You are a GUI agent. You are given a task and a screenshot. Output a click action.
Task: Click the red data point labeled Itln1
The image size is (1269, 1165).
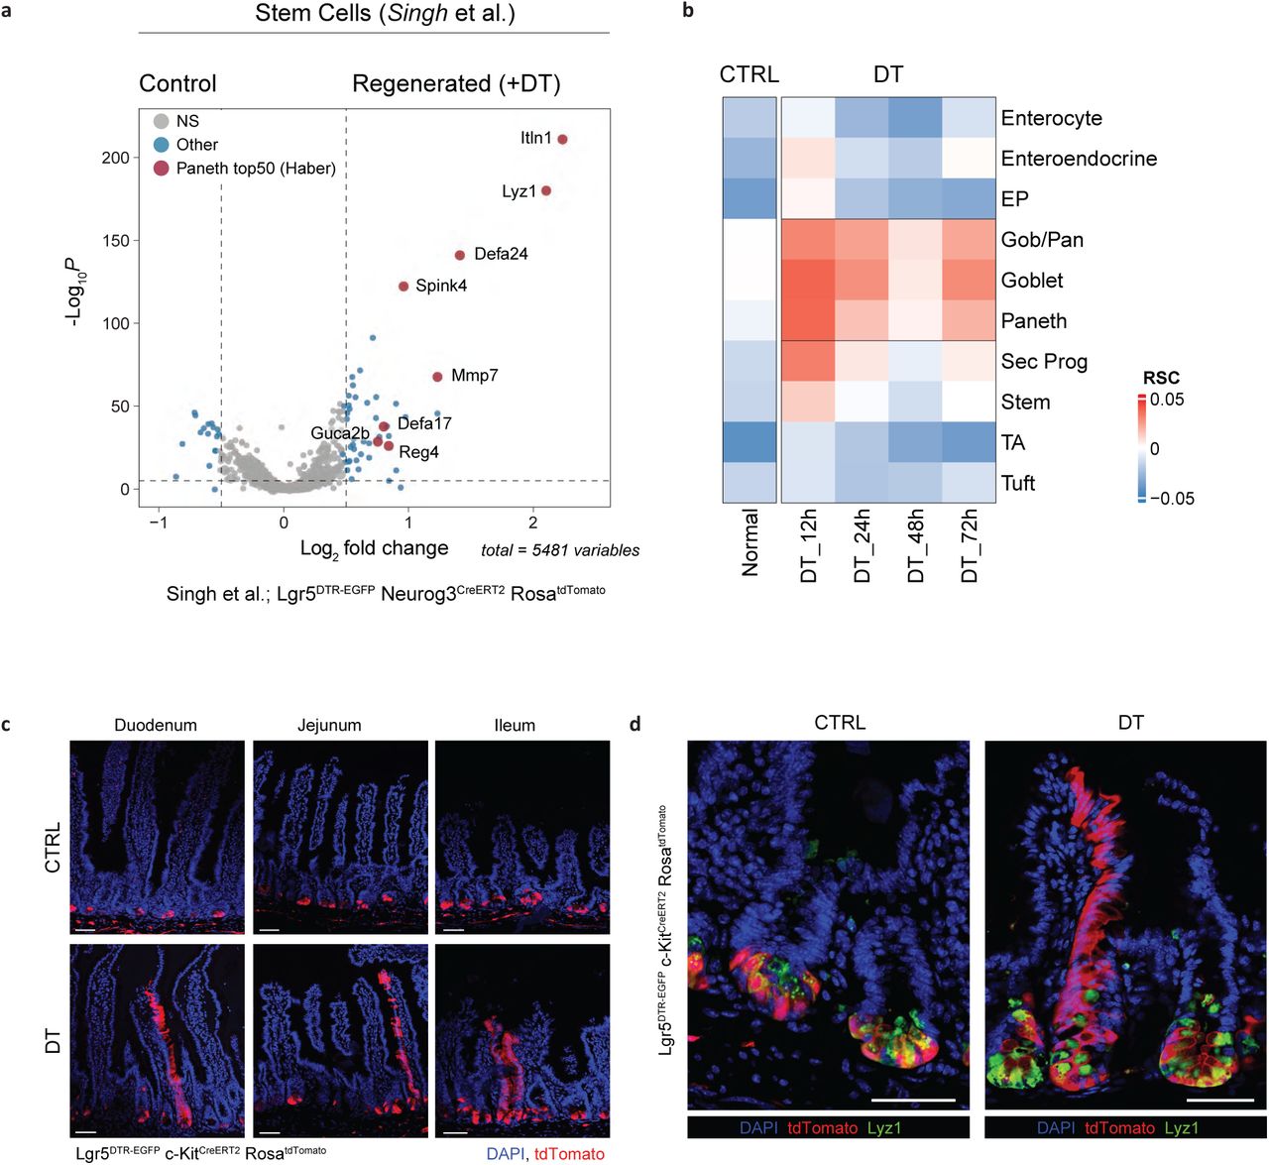pyautogui.click(x=562, y=139)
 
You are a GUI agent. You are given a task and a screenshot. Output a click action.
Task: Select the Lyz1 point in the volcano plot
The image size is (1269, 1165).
pyautogui.click(x=545, y=190)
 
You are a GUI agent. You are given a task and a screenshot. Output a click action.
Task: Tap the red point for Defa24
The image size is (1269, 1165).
pyautogui.click(x=460, y=255)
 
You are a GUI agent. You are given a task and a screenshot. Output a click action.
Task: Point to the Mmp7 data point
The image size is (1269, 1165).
pyautogui.click(x=437, y=377)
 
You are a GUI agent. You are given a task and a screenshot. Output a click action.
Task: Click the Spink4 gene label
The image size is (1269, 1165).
pyautogui.click(x=440, y=286)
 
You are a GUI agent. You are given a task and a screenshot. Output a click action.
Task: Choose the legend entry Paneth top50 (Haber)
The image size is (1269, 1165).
pyautogui.click(x=256, y=169)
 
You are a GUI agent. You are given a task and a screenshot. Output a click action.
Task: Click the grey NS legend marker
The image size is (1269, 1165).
pyautogui.click(x=161, y=121)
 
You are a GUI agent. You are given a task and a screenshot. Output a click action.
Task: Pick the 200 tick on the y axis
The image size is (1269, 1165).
pyautogui.click(x=116, y=159)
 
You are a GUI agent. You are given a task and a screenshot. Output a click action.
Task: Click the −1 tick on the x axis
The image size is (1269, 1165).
pyautogui.click(x=159, y=523)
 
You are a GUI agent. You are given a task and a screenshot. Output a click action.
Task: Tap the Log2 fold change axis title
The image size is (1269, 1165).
pyautogui.click(x=374, y=548)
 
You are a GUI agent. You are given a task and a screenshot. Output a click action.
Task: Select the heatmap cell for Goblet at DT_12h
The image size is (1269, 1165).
pyautogui.click(x=808, y=281)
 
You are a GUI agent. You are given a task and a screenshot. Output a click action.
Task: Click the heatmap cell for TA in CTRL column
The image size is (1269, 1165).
pyautogui.click(x=749, y=442)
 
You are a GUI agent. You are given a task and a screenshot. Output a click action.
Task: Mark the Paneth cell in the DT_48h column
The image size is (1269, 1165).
pyautogui.click(x=915, y=321)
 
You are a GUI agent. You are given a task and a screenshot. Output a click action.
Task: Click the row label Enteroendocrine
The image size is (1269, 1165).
pyautogui.click(x=1079, y=159)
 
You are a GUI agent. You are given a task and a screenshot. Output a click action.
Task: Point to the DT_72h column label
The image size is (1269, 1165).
pyautogui.click(x=969, y=545)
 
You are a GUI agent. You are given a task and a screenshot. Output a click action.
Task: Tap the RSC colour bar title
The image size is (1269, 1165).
pyautogui.click(x=1161, y=378)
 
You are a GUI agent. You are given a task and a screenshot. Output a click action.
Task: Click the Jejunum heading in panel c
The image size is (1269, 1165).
pyautogui.click(x=329, y=725)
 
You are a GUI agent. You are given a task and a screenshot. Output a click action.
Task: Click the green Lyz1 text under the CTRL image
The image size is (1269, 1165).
pyautogui.click(x=884, y=1127)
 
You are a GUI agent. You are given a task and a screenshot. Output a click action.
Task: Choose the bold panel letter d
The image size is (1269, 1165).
pyautogui.click(x=634, y=724)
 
